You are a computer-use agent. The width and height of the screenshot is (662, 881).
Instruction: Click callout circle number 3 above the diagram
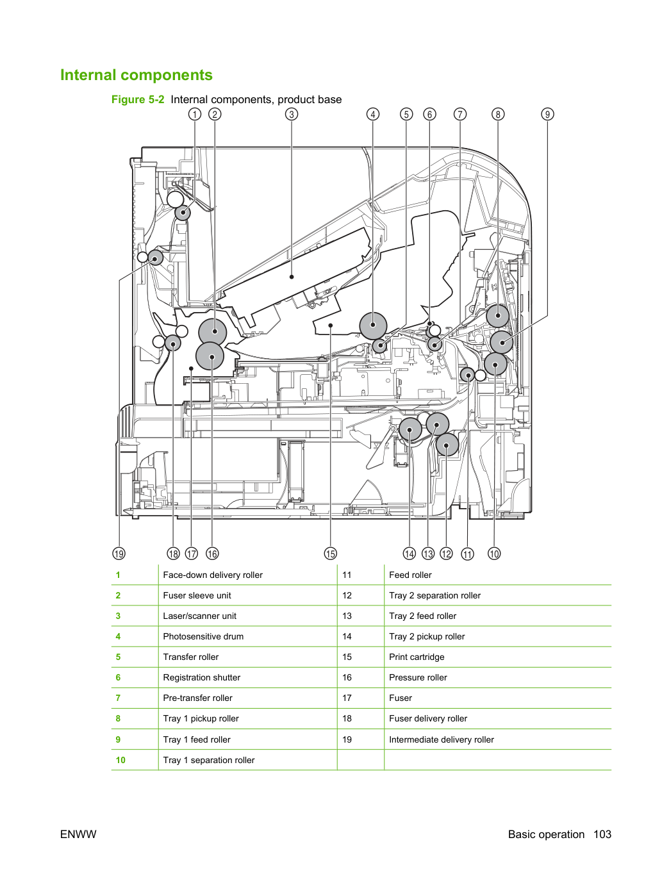click(x=292, y=115)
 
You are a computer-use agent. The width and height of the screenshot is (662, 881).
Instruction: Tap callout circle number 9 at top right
click(x=547, y=115)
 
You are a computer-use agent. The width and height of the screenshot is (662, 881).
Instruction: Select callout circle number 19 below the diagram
click(x=119, y=554)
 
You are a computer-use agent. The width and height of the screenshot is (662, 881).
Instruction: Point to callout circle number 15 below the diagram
click(x=331, y=554)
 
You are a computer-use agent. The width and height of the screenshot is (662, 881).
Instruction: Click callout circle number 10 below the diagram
click(x=494, y=554)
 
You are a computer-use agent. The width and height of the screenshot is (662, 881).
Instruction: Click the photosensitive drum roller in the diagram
click(x=374, y=325)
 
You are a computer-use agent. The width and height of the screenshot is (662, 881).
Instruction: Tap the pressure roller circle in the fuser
click(x=210, y=356)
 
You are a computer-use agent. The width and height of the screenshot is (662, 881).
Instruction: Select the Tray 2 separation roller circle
click(x=447, y=445)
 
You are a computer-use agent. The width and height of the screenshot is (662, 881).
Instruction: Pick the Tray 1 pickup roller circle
click(x=498, y=316)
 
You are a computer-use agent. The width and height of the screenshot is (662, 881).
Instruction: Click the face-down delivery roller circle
click(x=183, y=213)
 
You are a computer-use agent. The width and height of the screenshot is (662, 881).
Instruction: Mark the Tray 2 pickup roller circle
click(x=410, y=429)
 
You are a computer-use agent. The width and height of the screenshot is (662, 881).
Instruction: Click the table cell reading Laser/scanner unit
click(x=199, y=616)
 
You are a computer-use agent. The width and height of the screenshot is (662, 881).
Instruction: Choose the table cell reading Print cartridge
click(x=417, y=657)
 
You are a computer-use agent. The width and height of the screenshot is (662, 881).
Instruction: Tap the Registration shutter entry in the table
click(x=201, y=677)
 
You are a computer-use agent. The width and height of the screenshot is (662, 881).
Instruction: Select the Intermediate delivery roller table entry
click(x=441, y=739)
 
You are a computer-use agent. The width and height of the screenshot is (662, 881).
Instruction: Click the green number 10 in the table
click(x=120, y=760)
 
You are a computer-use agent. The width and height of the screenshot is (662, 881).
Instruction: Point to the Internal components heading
click(x=137, y=75)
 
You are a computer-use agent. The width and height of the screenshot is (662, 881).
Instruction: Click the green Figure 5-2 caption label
click(x=138, y=99)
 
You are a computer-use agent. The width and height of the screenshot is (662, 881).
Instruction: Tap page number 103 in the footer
click(x=602, y=834)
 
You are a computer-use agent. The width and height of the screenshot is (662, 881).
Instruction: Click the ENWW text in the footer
click(x=78, y=834)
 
